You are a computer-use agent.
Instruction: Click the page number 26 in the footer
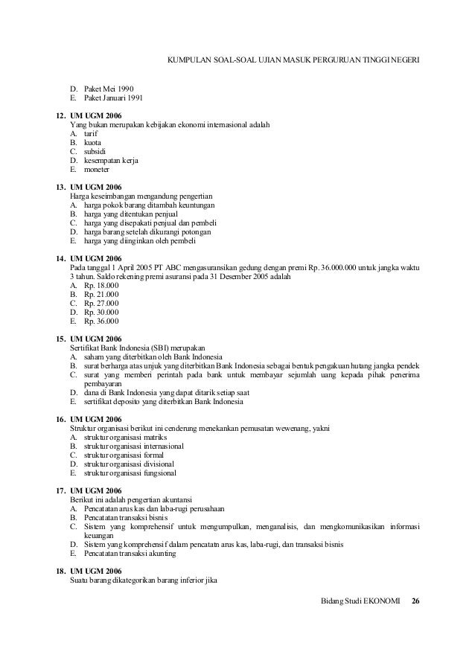click(x=415, y=599)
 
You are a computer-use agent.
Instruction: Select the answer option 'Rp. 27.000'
click(x=102, y=303)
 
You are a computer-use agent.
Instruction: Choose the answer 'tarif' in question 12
click(x=91, y=132)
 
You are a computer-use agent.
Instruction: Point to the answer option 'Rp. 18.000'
click(x=102, y=285)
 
